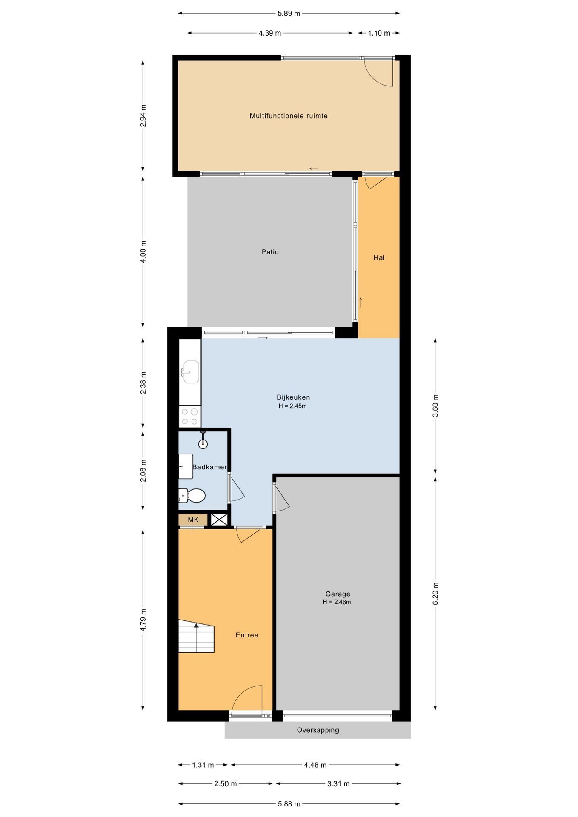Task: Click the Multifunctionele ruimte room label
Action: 289,116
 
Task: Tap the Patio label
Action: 270,252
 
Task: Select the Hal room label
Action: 379,257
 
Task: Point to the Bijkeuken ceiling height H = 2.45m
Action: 293,406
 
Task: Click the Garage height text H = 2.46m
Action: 337,602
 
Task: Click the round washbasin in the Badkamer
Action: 203,443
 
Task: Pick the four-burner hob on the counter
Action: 189,417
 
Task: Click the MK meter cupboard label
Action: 193,520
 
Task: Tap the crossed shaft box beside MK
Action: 220,520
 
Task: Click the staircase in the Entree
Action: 196,636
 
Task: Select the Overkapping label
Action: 318,730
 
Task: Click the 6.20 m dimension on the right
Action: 435,593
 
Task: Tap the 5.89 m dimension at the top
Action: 289,13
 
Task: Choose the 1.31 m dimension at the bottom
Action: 203,765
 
